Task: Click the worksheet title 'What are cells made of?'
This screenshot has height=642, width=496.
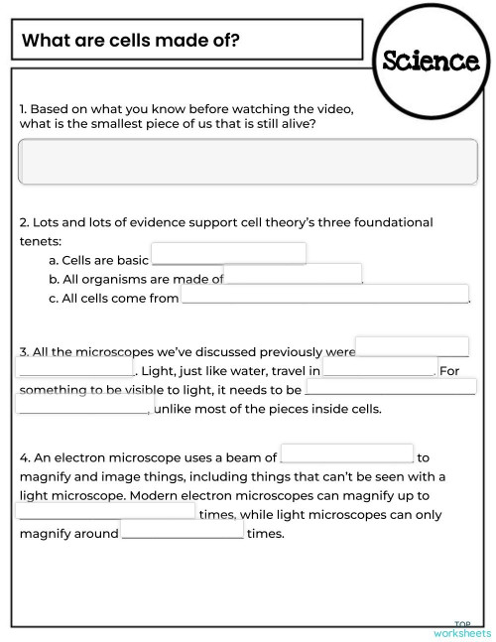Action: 131,41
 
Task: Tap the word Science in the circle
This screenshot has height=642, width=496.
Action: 432,60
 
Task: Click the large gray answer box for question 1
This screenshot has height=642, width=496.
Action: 248,162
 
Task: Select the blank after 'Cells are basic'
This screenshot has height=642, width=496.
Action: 228,254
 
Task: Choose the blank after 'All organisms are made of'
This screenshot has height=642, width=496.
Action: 294,274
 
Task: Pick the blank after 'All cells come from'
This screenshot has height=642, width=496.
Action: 324,294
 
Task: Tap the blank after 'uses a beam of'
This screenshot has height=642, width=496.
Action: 347,453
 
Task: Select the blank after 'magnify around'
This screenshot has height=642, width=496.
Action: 183,533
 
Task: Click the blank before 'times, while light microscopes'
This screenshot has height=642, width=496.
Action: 106,511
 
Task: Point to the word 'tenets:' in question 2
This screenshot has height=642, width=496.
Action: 41,241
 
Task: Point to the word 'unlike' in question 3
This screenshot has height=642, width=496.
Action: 175,409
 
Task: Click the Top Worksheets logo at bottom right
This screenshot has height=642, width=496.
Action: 461,629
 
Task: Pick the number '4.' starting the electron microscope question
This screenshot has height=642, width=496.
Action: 26,458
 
